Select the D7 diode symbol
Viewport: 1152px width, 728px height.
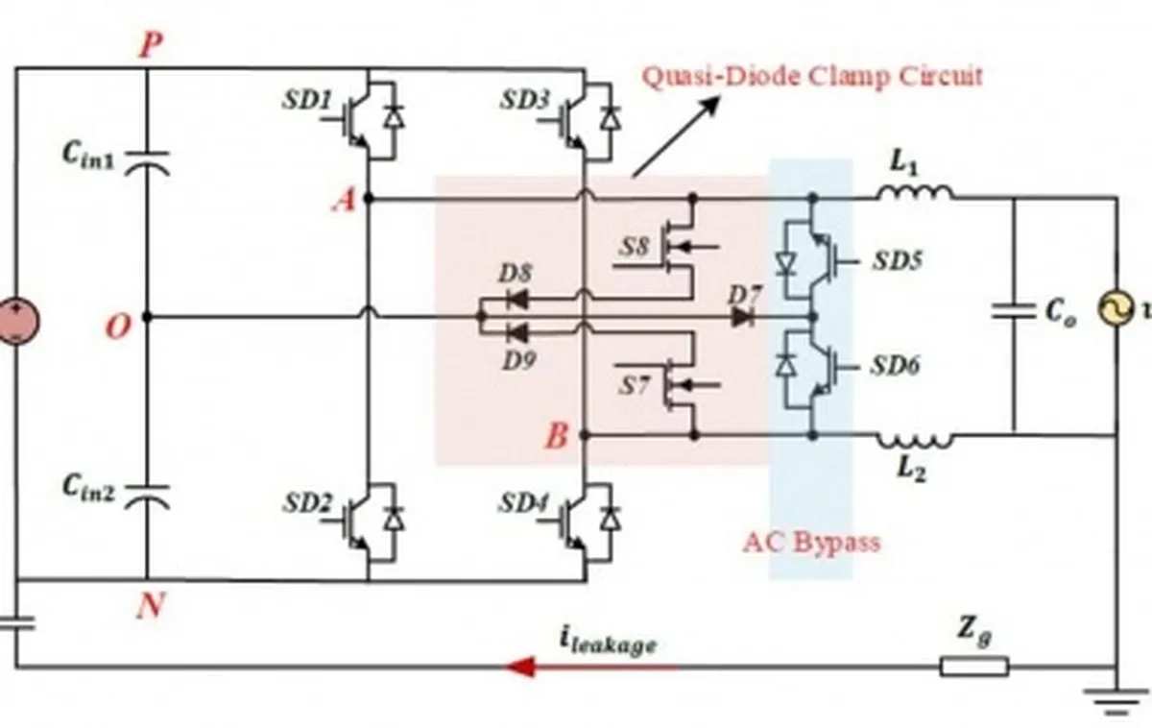(x=742, y=317)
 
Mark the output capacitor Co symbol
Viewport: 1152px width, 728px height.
(x=1014, y=313)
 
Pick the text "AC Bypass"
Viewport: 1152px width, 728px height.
(x=811, y=542)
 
